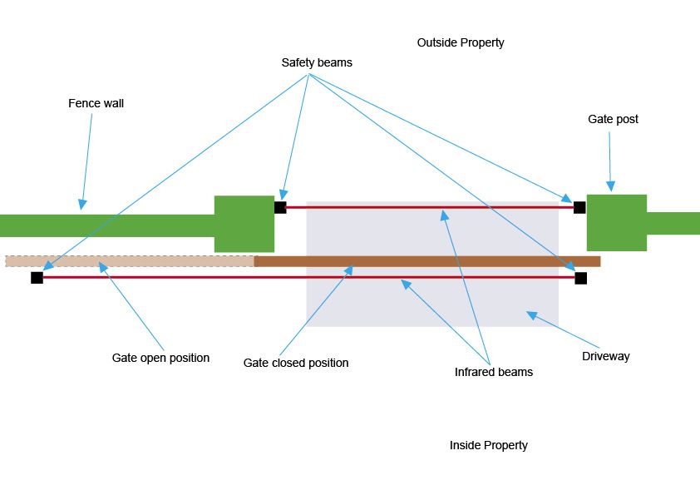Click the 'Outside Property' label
460,42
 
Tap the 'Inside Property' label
488,445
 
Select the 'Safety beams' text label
316,62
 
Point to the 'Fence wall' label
96,104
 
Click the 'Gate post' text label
613,119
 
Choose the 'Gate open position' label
160,358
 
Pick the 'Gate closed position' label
295,363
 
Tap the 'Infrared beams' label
493,372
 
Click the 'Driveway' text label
605,356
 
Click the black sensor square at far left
37,277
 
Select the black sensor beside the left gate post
280,207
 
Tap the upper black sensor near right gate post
579,207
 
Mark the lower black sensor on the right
580,278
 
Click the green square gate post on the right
616,222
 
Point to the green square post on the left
244,224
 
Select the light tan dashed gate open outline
129,261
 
